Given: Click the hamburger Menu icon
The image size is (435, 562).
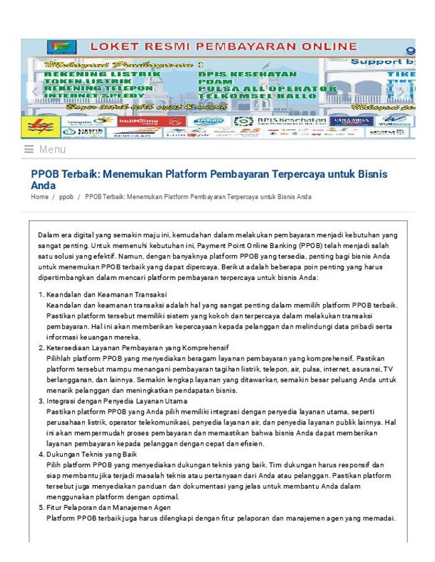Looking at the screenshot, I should coord(29,150).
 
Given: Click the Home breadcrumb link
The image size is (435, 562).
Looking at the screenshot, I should coord(39,197).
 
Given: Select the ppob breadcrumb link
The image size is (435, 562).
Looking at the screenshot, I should coord(66,197).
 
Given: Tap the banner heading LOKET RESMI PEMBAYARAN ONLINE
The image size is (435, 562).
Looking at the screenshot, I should coord(223,47).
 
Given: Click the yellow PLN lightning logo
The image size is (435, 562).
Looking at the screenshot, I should coord(41,126).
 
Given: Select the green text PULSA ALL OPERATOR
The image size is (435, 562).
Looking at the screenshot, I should coord(268,88).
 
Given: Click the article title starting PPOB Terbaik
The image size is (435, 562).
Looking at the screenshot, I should coord(209,179).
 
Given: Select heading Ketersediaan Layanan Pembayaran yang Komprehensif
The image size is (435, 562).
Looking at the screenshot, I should coord(137,347).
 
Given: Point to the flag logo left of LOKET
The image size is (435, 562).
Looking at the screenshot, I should coord(62,47).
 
